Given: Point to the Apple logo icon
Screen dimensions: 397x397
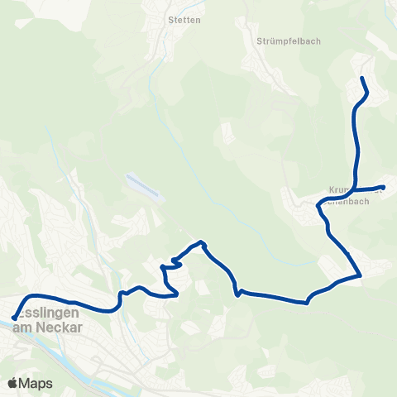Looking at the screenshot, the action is coord(12,384).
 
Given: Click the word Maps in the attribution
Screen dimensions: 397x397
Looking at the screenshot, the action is coord(36,384).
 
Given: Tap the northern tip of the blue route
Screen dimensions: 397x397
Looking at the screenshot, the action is coord(361,78).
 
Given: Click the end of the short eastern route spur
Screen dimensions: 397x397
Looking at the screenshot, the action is coord(383,187).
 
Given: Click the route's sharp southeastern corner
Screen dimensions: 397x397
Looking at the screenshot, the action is coord(361,275).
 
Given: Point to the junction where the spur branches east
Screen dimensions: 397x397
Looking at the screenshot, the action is coord(355,189).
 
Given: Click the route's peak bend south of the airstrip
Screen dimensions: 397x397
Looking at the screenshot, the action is coord(202,242).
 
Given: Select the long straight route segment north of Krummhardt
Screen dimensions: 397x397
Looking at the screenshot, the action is coord(357,141).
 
